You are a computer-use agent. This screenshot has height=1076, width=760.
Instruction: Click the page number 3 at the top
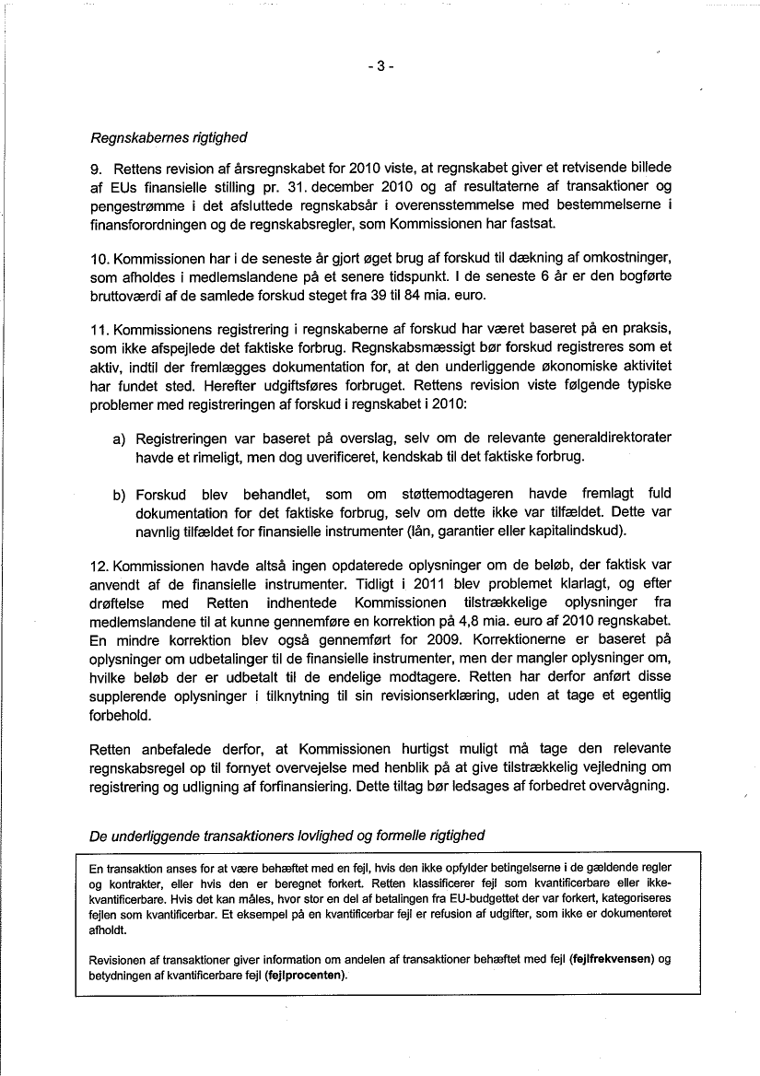(x=380, y=66)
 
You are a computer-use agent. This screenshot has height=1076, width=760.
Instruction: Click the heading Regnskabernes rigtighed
(x=169, y=138)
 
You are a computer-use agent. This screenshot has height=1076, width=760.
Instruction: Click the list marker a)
(x=120, y=439)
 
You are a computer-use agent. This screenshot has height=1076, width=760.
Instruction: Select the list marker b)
(x=120, y=495)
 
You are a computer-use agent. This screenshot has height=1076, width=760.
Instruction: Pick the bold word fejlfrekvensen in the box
(x=612, y=959)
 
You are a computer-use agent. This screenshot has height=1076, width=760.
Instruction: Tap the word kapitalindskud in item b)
(x=577, y=531)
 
